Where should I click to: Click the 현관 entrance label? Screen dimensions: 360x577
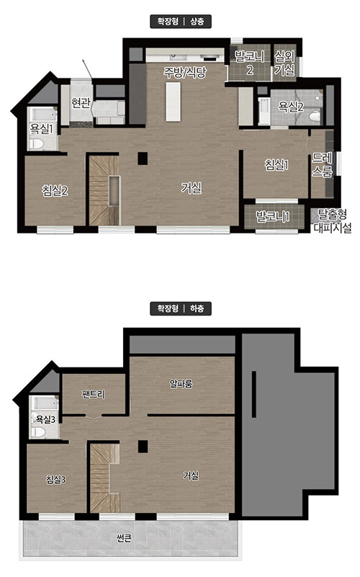click(81, 103)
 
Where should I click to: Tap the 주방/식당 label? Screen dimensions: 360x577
click(185, 72)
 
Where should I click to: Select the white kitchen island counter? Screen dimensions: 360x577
click(173, 102)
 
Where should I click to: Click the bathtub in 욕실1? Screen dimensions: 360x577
click(43, 115)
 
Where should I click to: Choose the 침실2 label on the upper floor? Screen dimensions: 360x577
click(55, 190)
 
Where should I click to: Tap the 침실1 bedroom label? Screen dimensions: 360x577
click(276, 165)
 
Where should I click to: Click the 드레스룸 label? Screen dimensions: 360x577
click(322, 164)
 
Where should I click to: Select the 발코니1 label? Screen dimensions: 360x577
click(272, 216)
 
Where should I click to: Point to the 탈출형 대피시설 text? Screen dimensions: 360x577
click(332, 221)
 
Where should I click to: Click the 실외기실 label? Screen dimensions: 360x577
click(284, 63)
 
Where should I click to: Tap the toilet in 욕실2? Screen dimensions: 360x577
click(315, 117)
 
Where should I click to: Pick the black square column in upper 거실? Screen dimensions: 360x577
click(143, 158)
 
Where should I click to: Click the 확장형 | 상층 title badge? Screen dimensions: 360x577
click(181, 22)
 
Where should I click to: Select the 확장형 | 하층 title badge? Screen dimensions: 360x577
click(181, 308)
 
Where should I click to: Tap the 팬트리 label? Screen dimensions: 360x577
click(93, 395)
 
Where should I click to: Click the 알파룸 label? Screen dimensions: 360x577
click(181, 384)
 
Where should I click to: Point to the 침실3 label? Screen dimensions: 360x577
click(56, 480)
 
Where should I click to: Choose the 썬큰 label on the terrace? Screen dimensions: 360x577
click(124, 539)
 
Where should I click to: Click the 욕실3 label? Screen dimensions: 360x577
click(45, 419)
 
